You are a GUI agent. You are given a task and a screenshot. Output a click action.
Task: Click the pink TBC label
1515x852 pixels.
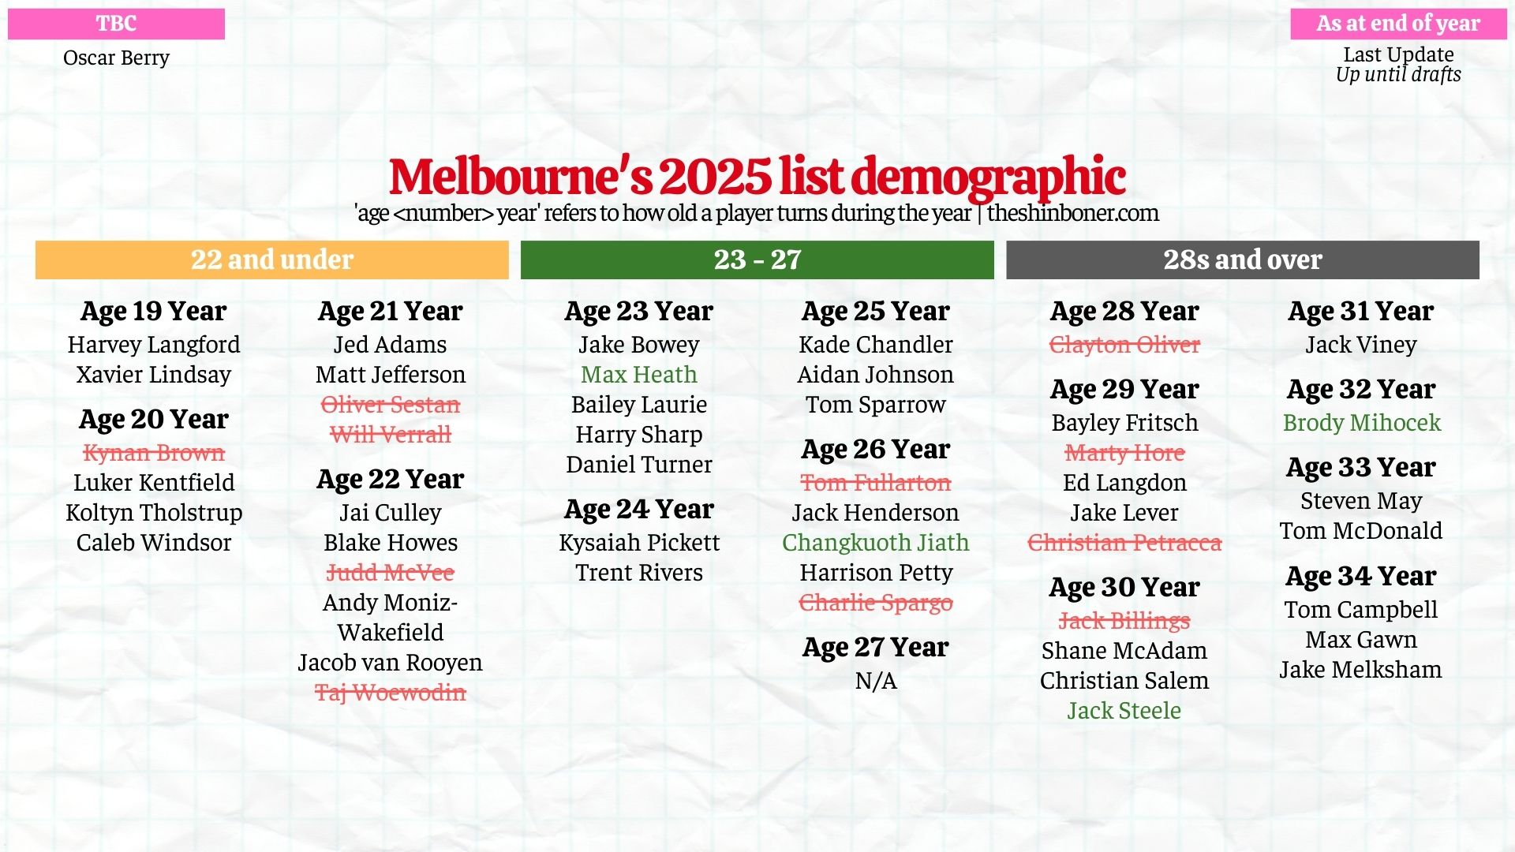(116, 24)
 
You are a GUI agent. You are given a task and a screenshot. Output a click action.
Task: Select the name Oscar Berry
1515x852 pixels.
(116, 58)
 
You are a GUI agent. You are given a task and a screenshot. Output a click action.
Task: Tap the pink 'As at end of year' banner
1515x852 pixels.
(1398, 24)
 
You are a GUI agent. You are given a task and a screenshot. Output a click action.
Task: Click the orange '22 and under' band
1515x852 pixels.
(271, 260)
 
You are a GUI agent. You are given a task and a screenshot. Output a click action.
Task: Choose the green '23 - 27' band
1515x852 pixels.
(757, 260)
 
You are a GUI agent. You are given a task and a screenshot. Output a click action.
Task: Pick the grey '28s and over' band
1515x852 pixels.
(1242, 260)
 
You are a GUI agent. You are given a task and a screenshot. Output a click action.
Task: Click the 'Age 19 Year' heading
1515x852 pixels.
(153, 311)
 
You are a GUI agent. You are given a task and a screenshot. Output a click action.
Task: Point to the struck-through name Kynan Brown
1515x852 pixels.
(154, 453)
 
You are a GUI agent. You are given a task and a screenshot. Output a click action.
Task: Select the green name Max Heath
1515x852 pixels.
(638, 375)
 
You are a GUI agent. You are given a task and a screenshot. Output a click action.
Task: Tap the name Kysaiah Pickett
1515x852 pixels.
(639, 543)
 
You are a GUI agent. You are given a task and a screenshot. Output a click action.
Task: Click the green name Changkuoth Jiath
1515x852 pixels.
(875, 543)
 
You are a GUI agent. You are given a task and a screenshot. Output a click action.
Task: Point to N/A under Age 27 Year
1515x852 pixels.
(876, 681)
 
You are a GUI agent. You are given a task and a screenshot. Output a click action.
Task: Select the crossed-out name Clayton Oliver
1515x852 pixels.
(1124, 345)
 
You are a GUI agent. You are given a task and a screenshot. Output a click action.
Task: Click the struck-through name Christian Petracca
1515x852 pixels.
(1124, 543)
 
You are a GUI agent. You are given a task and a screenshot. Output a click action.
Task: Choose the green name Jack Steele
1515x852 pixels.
(1124, 711)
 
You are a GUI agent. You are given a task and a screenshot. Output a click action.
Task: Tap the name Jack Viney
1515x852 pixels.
(1360, 345)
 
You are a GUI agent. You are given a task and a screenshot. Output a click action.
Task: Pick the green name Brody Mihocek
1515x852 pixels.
(1361, 423)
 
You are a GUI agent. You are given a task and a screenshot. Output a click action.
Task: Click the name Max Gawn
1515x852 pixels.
(1360, 640)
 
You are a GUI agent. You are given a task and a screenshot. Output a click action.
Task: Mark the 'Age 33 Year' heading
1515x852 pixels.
(1360, 467)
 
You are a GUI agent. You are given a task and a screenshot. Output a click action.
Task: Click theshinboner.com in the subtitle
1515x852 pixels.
(1072, 213)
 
